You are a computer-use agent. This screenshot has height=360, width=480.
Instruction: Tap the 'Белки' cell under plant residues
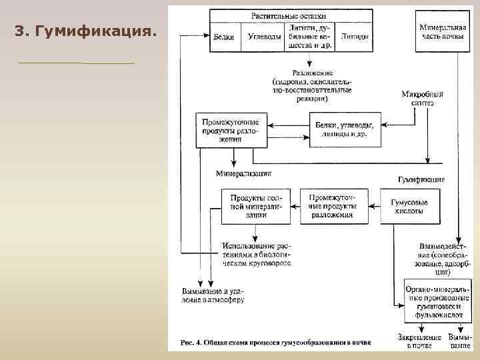pos(224,37)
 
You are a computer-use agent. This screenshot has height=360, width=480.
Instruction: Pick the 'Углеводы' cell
pos(261,37)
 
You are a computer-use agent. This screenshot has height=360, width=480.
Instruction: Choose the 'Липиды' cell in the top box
pos(353,37)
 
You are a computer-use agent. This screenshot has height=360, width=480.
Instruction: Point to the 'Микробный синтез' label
pos(422,99)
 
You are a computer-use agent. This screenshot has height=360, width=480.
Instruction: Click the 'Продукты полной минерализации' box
pos(251,207)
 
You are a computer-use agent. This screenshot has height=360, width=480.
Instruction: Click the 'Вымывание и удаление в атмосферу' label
pos(214,295)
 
